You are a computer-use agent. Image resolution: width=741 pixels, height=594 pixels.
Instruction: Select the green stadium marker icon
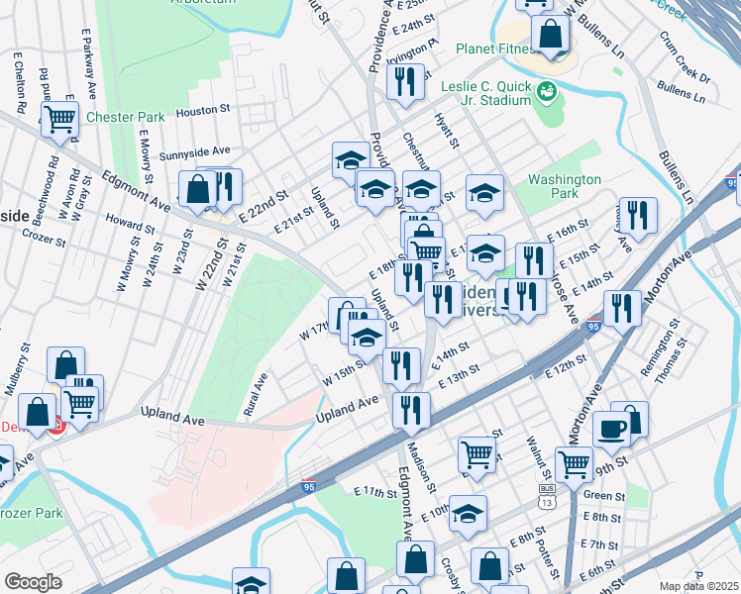coord(546,93)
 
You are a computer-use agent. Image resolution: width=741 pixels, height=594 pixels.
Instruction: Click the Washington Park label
coord(565,186)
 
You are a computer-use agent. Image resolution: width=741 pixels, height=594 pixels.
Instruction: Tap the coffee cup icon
coord(611,430)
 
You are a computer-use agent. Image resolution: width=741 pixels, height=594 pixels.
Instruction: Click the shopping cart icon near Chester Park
coord(60,120)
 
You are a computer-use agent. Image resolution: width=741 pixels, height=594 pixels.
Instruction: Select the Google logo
coord(32,582)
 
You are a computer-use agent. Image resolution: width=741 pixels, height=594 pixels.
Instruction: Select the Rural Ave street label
coord(258,394)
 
